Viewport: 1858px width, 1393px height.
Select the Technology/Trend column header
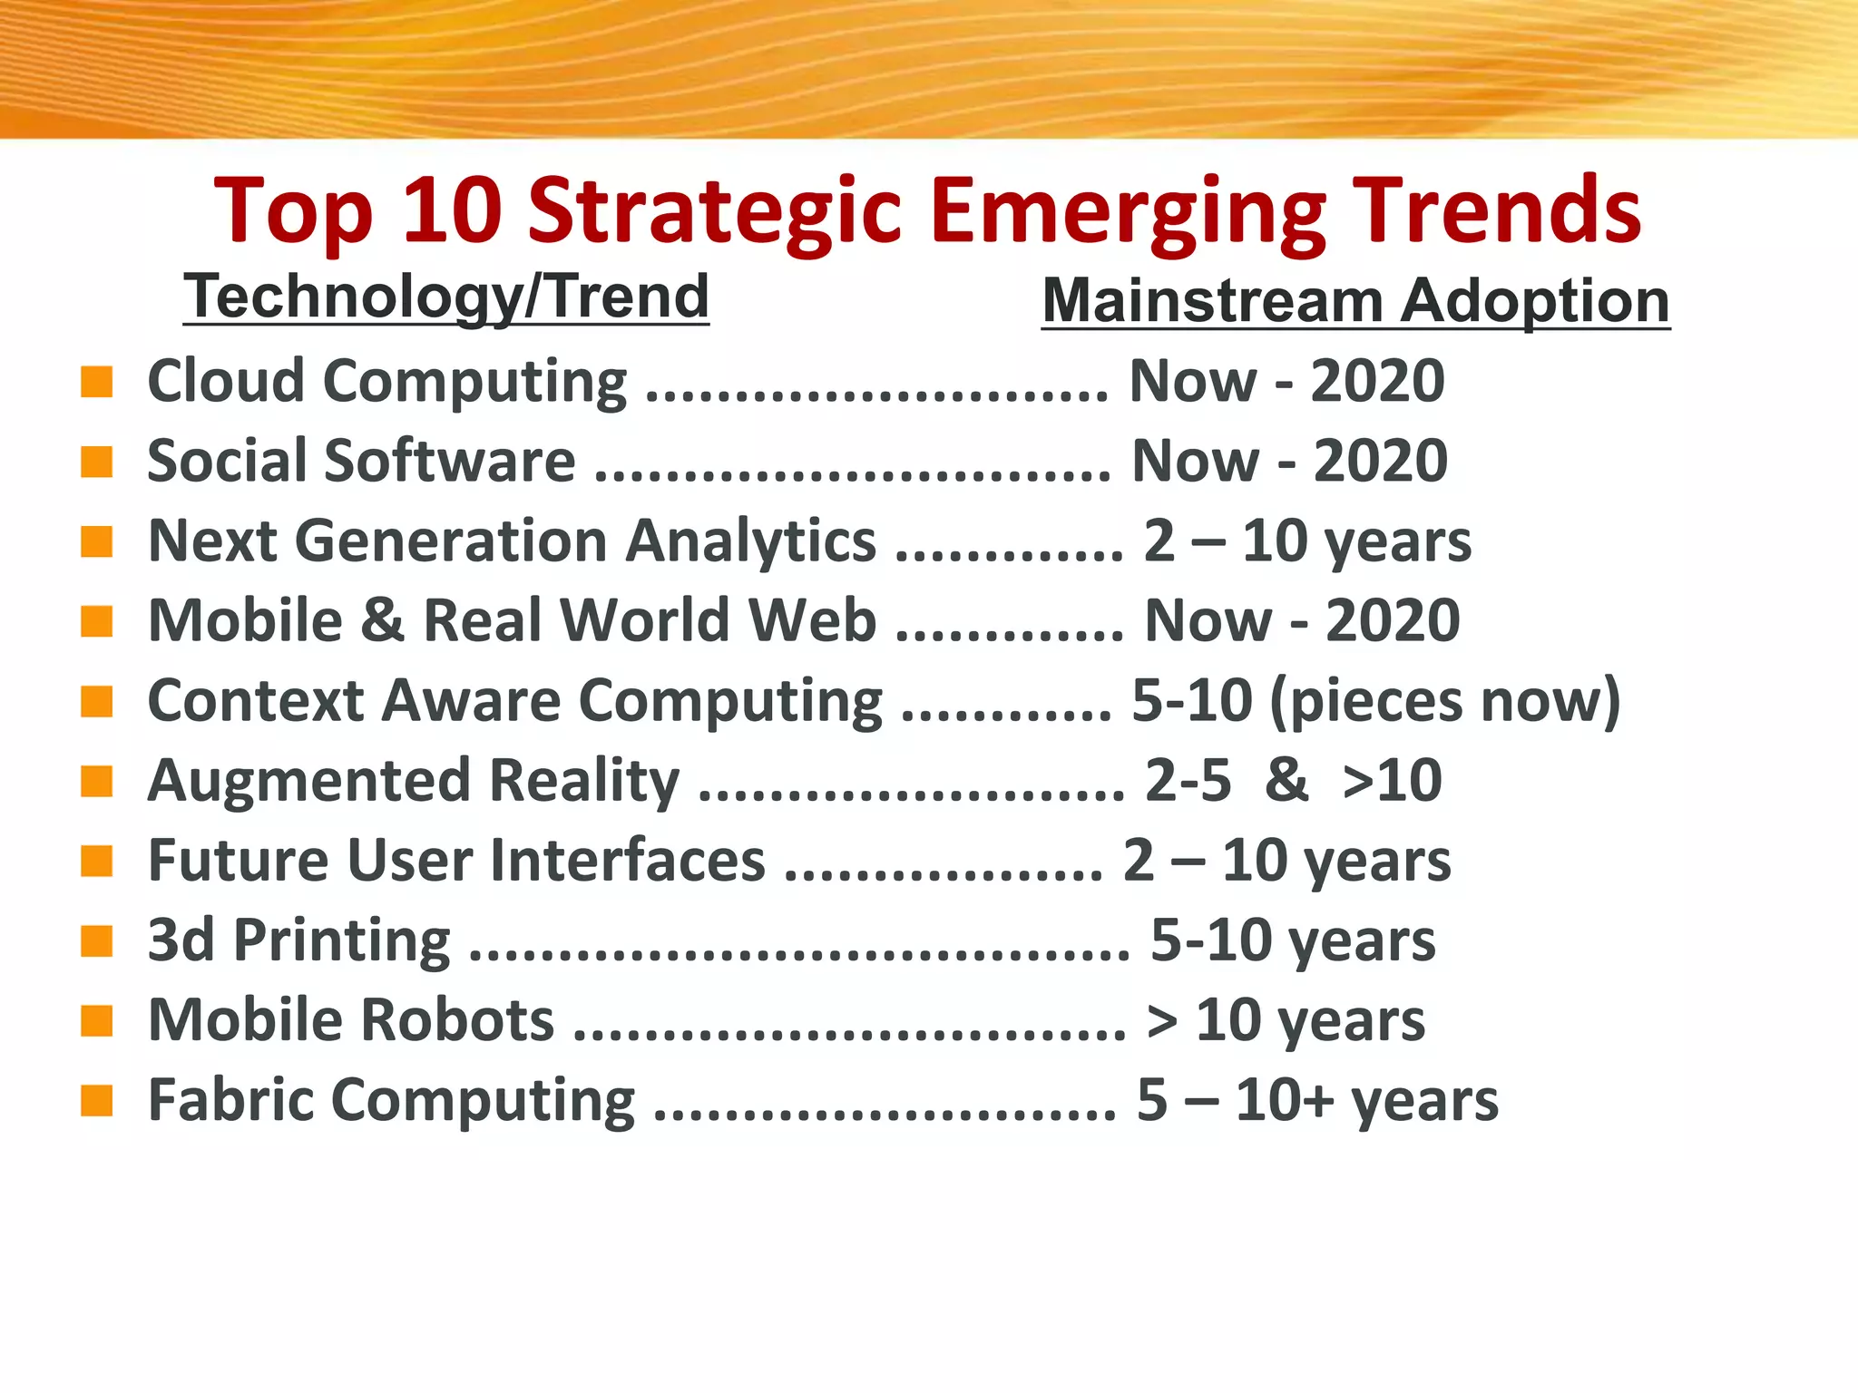pyautogui.click(x=446, y=297)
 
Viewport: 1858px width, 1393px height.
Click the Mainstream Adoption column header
pyautogui.click(x=1355, y=301)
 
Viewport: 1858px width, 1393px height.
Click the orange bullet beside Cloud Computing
pyautogui.click(x=96, y=382)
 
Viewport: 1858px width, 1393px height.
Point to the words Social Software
pyautogui.click(x=361, y=461)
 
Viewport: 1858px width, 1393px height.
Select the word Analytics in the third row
pyautogui.click(x=751, y=541)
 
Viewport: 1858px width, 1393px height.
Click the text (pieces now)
pyautogui.click(x=1444, y=702)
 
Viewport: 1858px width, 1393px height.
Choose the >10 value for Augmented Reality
pyautogui.click(x=1392, y=781)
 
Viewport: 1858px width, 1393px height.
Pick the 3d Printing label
pyautogui.click(x=298, y=940)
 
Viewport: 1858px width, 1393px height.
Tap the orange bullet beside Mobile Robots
pyautogui.click(x=96, y=1020)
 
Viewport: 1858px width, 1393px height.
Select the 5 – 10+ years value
pyautogui.click(x=1317, y=1101)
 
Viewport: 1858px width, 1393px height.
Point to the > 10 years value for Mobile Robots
pyautogui.click(x=1286, y=1021)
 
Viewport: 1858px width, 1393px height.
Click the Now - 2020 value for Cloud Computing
pyautogui.click(x=1286, y=381)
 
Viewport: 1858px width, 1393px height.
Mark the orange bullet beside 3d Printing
pyautogui.click(x=96, y=940)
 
